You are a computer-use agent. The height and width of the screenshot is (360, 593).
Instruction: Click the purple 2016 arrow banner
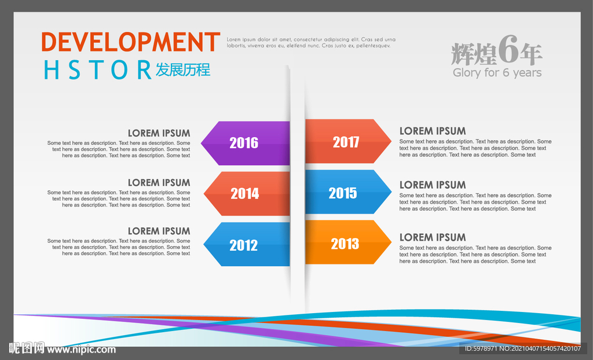pyautogui.click(x=246, y=143)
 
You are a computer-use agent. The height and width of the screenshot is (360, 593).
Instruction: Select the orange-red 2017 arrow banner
pyautogui.click(x=348, y=141)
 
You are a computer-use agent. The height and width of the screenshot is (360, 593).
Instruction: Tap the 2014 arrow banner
pyautogui.click(x=247, y=194)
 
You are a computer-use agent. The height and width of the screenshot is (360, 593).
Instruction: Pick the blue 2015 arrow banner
pyautogui.click(x=348, y=192)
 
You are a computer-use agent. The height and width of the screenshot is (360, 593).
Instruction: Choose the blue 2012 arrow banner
pyautogui.click(x=247, y=244)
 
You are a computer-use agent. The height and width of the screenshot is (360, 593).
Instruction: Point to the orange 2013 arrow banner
pyautogui.click(x=348, y=243)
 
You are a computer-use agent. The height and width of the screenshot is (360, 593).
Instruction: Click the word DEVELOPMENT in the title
pyautogui.click(x=130, y=42)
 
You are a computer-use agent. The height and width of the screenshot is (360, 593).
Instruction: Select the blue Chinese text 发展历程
pyautogui.click(x=183, y=70)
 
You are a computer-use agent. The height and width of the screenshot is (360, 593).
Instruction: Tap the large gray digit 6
pyautogui.click(x=508, y=50)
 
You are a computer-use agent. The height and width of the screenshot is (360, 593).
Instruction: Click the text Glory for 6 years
pyautogui.click(x=497, y=72)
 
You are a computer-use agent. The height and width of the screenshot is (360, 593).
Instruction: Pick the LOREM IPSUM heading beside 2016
pyautogui.click(x=159, y=133)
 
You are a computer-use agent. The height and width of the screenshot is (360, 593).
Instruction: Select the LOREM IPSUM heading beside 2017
pyautogui.click(x=433, y=131)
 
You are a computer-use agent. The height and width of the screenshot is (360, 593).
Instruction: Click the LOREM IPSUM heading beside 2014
pyautogui.click(x=159, y=183)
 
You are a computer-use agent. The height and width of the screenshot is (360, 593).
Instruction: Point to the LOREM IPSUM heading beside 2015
pyautogui.click(x=433, y=185)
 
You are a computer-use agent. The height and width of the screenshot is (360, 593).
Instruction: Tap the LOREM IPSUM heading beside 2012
pyautogui.click(x=159, y=231)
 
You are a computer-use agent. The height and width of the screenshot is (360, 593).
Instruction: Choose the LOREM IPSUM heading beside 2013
pyautogui.click(x=433, y=237)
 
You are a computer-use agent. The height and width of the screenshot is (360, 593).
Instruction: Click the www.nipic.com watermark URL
pyautogui.click(x=81, y=350)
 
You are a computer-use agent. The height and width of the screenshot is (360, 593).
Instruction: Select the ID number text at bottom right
pyautogui.click(x=523, y=348)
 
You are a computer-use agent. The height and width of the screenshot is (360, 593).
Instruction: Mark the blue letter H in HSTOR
pyautogui.click(x=52, y=70)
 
